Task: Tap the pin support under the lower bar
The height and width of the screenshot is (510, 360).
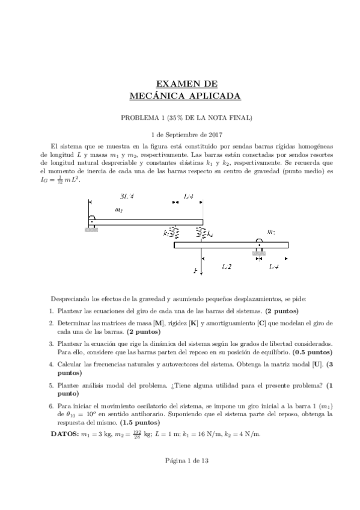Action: click(259, 249)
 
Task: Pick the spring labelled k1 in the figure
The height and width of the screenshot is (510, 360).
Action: click(173, 232)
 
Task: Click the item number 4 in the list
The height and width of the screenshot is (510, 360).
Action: click(51, 365)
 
